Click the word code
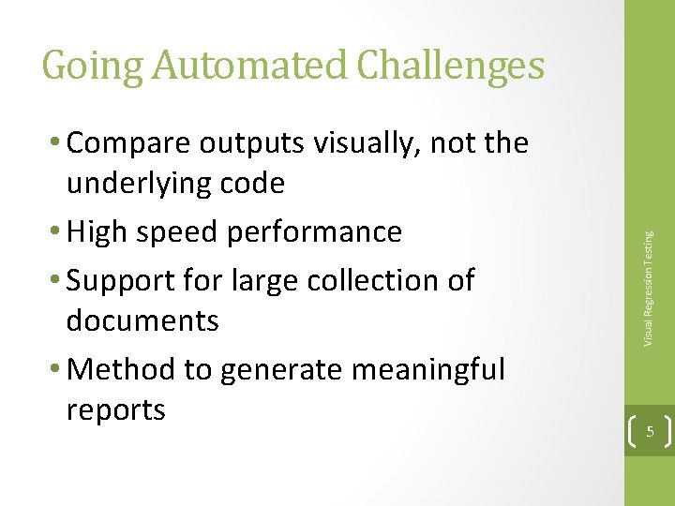pos(252,183)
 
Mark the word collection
pos(382,279)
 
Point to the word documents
pos(142,320)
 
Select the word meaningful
pos(429,370)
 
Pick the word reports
pos(115,410)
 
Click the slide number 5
pos(649,432)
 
